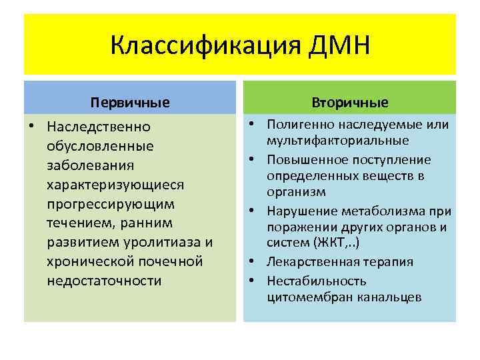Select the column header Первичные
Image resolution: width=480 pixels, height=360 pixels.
click(x=131, y=103)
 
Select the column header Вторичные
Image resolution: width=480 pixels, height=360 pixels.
click(x=350, y=103)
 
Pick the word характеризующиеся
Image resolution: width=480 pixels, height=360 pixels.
click(x=115, y=183)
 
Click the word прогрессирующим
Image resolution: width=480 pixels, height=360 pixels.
click(x=111, y=203)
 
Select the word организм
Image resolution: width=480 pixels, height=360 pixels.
click(x=297, y=191)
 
